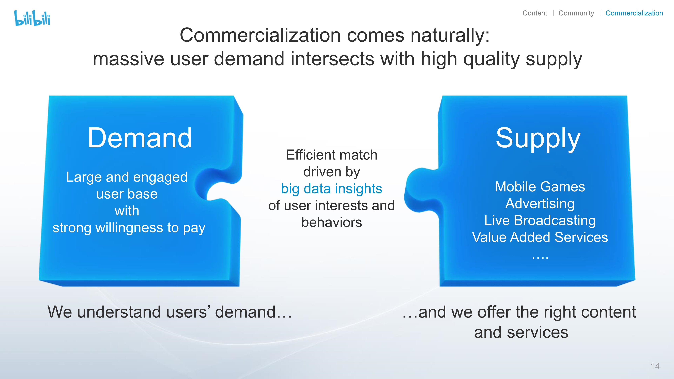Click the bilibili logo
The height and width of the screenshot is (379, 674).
[x=32, y=18]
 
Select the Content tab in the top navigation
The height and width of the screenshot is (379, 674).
[x=534, y=13]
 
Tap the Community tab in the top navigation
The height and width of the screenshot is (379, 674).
[x=576, y=13]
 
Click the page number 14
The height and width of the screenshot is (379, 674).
[x=655, y=366]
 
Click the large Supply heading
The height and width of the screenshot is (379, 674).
[x=538, y=139]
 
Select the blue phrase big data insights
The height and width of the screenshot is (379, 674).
[x=331, y=189]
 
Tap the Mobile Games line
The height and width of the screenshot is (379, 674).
[x=540, y=187]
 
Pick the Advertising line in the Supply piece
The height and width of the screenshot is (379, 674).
[x=540, y=204]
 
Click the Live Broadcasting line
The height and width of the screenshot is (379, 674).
[x=540, y=220]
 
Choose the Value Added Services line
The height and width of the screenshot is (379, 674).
[x=540, y=237]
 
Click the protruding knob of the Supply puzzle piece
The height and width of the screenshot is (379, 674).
[x=420, y=190]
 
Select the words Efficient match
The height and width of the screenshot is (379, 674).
[x=331, y=155]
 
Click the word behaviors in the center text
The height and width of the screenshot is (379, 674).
[x=331, y=222]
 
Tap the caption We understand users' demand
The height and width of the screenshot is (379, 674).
[x=169, y=312]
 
